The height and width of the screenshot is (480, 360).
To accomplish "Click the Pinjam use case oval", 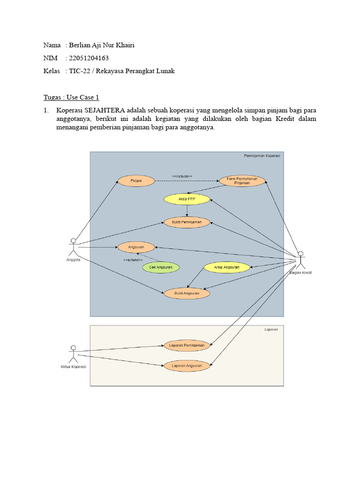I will click(x=136, y=180).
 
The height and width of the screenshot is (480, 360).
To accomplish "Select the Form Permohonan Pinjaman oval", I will click(x=242, y=181).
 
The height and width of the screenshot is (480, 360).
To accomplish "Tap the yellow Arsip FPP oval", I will click(x=187, y=199).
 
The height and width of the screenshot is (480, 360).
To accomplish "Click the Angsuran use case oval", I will click(x=136, y=247).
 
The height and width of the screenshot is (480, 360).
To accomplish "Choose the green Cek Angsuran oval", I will click(x=161, y=267).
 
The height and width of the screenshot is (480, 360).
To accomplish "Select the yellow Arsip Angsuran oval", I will click(x=227, y=267).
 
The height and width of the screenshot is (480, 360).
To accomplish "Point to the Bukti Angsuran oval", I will click(x=187, y=293).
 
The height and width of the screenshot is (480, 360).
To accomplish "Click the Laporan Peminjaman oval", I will click(x=187, y=346).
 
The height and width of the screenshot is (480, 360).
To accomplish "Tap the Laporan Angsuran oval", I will click(x=187, y=366).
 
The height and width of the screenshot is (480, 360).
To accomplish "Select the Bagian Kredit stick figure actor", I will click(x=300, y=260).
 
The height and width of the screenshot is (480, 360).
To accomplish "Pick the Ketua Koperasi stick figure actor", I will click(x=73, y=353).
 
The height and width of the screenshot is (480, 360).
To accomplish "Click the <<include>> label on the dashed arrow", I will click(x=182, y=176).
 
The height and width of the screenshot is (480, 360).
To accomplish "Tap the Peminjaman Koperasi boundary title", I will click(x=262, y=156).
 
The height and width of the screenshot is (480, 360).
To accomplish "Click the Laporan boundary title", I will click(x=271, y=330).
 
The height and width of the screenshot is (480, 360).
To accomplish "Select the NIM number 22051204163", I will click(x=89, y=58).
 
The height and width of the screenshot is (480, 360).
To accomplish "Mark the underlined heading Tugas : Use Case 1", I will click(x=71, y=97).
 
